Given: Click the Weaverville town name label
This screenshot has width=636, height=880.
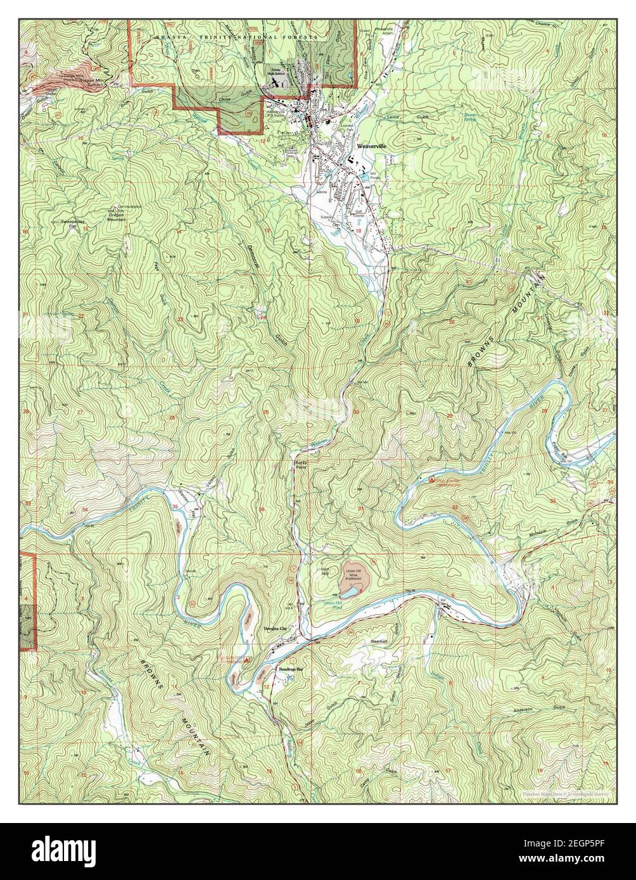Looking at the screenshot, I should tap(371, 145).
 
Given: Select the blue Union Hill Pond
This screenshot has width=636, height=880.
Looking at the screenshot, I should tap(348, 593).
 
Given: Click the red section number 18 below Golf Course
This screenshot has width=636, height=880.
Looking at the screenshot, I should tap(359, 232).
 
